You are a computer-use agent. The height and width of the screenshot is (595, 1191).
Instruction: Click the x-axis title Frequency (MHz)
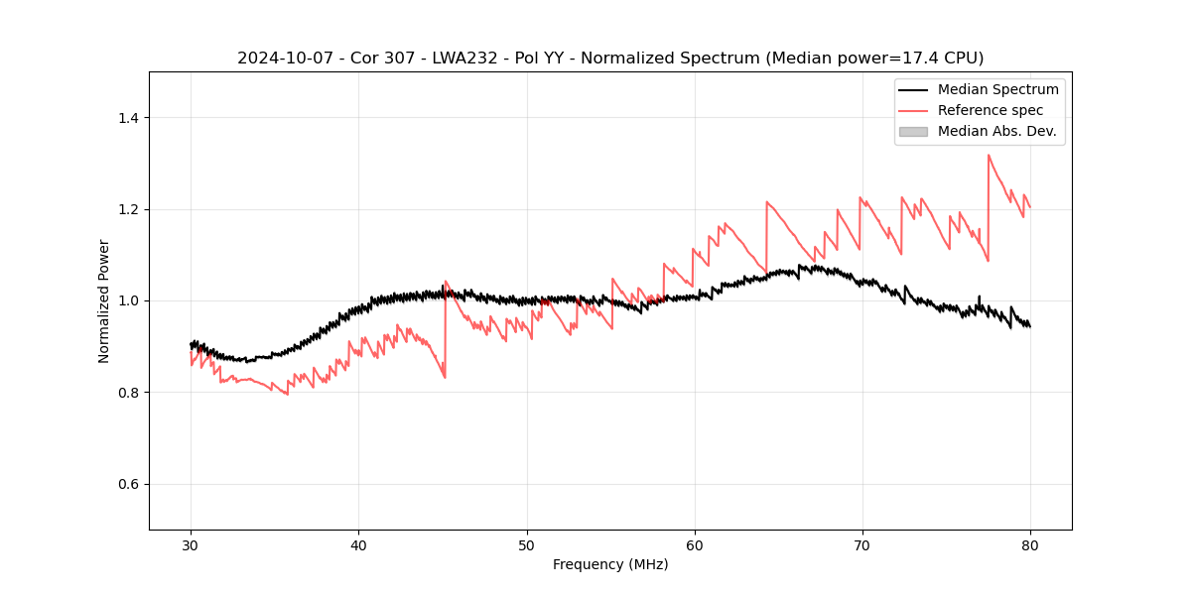click(610, 564)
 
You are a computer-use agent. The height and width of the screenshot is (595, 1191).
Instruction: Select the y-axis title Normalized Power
click(104, 300)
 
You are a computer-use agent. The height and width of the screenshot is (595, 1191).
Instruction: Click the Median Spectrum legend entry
click(997, 89)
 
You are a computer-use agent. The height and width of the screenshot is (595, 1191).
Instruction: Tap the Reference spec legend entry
click(991, 110)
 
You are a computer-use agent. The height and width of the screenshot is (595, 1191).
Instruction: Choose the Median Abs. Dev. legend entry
click(997, 131)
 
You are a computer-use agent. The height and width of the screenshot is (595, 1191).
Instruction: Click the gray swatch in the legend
click(913, 131)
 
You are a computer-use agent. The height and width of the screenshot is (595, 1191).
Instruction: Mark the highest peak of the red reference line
click(989, 155)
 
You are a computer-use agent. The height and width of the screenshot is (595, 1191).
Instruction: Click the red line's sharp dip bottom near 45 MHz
click(445, 377)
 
